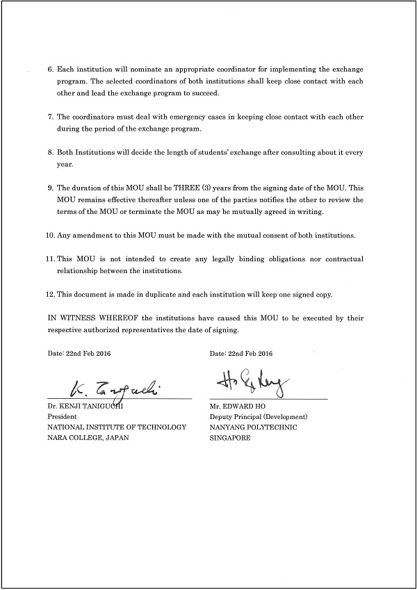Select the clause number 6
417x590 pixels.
[50, 71]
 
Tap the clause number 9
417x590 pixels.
[50, 188]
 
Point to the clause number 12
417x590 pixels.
[50, 294]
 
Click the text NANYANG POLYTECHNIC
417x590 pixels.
[253, 427]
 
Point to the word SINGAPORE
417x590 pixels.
[229, 438]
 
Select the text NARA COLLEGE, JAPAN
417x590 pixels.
[88, 438]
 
